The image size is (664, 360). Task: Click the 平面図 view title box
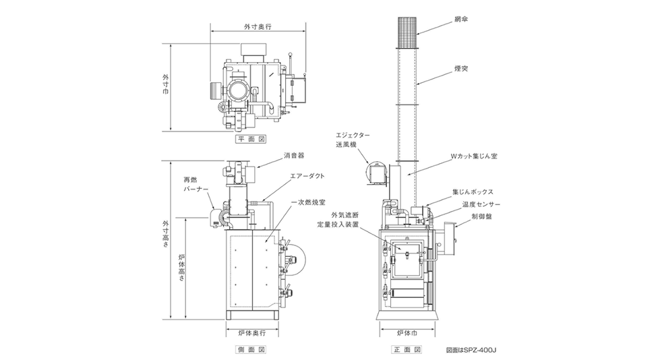(x=251, y=140)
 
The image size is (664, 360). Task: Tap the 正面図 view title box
(x=408, y=350)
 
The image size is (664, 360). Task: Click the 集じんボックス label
(x=475, y=191)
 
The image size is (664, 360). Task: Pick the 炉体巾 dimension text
(x=408, y=333)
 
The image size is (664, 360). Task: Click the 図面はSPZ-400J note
(x=476, y=350)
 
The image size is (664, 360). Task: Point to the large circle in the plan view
(x=238, y=89)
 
